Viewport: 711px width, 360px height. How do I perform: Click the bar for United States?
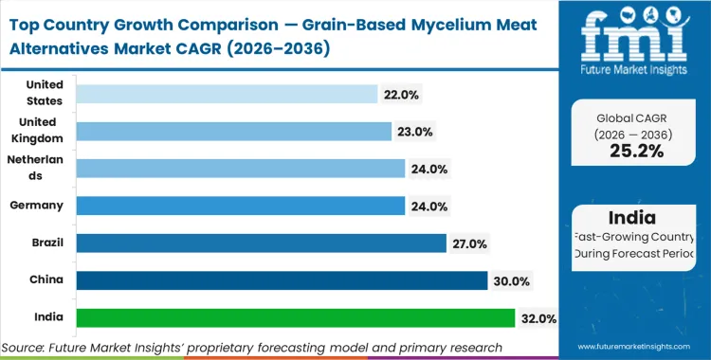(x=227, y=94)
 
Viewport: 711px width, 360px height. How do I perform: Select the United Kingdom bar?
(x=233, y=131)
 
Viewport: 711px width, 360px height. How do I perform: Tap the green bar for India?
(x=295, y=318)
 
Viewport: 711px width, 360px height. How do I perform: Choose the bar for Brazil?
(x=261, y=243)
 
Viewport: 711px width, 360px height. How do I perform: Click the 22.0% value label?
(x=401, y=94)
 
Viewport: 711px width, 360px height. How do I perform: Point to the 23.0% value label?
(x=415, y=132)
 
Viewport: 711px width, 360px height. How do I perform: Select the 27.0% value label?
(x=469, y=243)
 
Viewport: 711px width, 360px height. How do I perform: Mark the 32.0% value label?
(x=538, y=318)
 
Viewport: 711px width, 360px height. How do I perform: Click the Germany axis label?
(x=35, y=206)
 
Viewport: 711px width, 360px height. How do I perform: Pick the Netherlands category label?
(x=35, y=169)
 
